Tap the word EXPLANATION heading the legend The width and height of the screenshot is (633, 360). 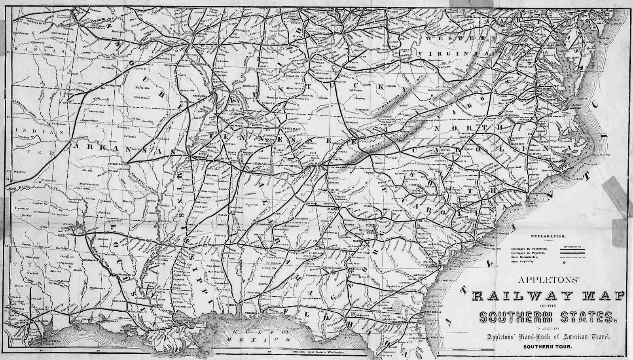click(x=548, y=236)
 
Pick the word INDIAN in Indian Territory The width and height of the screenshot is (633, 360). click(x=25, y=129)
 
